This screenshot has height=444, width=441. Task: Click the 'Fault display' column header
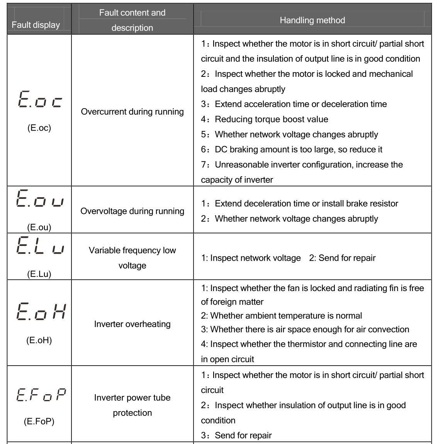tap(36, 25)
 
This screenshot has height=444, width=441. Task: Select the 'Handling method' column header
tap(312, 20)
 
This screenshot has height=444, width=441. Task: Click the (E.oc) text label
tap(39, 128)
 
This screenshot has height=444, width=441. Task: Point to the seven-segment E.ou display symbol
tap(39, 199)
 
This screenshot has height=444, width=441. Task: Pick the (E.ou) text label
tap(39, 227)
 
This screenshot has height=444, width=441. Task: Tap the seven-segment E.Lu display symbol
tap(39, 246)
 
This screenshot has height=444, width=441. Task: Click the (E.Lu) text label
tap(39, 274)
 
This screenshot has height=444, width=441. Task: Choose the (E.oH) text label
tap(39, 340)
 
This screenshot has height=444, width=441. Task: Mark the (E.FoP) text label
tap(39, 421)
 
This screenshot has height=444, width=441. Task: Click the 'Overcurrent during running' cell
tap(132, 112)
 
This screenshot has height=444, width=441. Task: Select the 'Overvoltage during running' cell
tap(132, 211)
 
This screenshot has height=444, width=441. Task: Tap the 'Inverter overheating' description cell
tap(132, 324)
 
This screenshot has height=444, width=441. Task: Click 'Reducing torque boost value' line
tap(271, 119)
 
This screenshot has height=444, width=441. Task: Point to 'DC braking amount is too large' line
tap(298, 149)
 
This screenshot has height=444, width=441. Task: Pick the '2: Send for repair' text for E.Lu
tap(342, 258)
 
